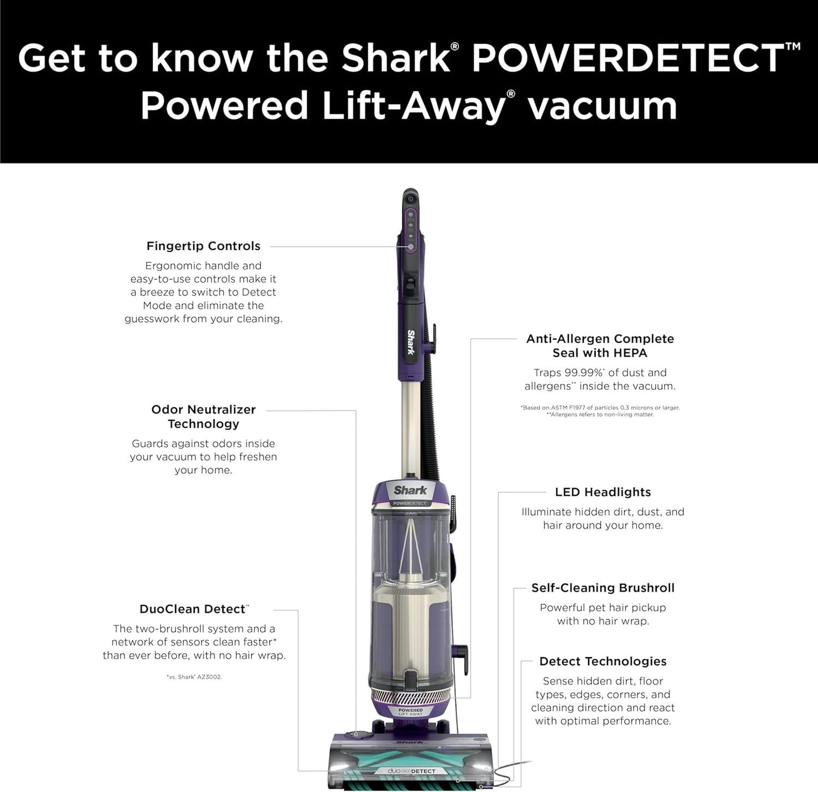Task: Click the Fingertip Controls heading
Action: coord(203,246)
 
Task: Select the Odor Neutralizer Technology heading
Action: coord(203,416)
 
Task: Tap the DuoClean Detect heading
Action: coord(193,609)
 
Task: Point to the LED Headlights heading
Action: coord(603,492)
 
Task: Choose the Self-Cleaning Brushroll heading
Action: coord(603,588)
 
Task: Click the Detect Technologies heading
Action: coord(603,661)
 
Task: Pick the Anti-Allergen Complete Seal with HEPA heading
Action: coord(600,346)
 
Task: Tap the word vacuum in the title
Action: coord(603,106)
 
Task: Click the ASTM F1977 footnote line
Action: coord(600,407)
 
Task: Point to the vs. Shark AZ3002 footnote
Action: coord(194,677)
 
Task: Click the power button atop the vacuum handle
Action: coord(410,199)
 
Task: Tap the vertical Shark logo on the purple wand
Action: coord(410,342)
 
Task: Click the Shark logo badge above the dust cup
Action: coord(410,491)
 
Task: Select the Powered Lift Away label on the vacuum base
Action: coord(410,712)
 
